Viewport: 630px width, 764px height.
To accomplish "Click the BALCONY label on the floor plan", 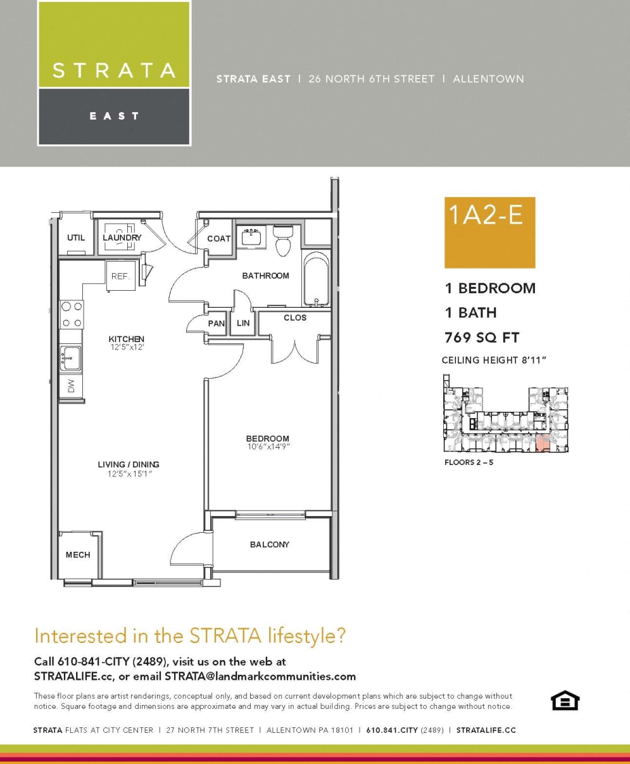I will (x=269, y=544).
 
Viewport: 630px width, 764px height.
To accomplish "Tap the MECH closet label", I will (x=78, y=555).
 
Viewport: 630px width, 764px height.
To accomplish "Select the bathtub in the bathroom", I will (x=316, y=279).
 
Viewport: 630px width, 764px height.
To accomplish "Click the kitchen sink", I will (x=71, y=359).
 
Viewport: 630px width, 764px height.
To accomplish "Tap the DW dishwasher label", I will (x=71, y=386).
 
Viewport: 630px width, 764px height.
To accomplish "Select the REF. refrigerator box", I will (x=120, y=277).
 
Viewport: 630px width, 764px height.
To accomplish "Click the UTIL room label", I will (x=76, y=238).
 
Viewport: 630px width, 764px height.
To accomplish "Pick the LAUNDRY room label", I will (x=122, y=238).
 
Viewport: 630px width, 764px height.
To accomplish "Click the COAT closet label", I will (x=219, y=239).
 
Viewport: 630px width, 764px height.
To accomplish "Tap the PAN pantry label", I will (x=217, y=323).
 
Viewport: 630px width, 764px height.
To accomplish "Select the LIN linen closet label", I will (x=243, y=323).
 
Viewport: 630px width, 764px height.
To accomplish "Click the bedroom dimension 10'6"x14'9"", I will (x=268, y=447).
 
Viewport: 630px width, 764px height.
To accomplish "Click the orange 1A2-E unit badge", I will (x=489, y=232).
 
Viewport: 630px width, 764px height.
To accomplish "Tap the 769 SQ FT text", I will (x=482, y=337).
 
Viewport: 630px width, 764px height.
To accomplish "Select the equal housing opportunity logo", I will (x=565, y=701).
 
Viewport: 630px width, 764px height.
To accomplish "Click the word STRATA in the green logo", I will (x=114, y=70).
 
